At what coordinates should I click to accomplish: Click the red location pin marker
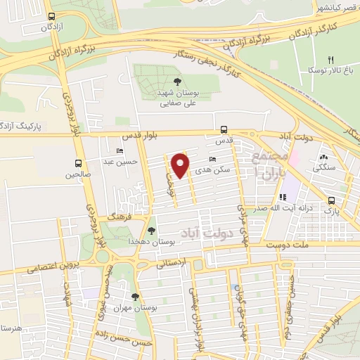(x=181, y=165)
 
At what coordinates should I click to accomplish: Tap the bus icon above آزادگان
(x=51, y=15)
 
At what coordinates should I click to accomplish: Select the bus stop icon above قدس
(x=224, y=129)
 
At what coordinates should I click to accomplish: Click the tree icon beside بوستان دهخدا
(x=152, y=230)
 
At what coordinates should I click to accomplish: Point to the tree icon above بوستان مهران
(x=135, y=297)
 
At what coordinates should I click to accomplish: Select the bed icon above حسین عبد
(x=120, y=151)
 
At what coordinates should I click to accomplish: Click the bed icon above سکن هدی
(x=213, y=160)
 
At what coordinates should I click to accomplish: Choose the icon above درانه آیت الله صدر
(x=283, y=198)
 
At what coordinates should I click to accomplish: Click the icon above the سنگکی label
(x=324, y=157)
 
